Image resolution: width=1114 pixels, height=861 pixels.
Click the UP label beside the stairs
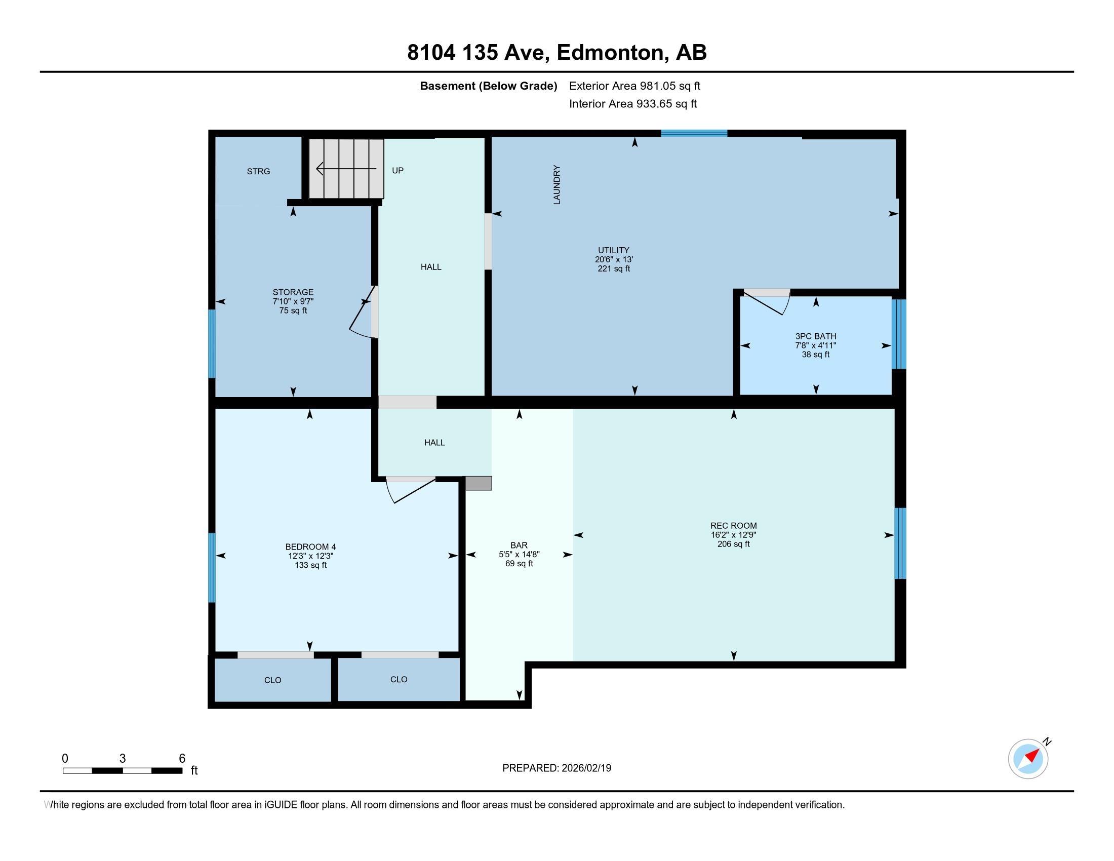pyautogui.click(x=397, y=170)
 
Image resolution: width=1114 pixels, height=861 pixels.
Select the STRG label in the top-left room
pyautogui.click(x=258, y=171)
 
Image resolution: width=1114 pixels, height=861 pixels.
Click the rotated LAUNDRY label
pyautogui.click(x=556, y=185)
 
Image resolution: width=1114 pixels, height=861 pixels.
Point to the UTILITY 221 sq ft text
pyautogui.click(x=614, y=269)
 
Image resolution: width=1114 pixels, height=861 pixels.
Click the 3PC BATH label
pyautogui.click(x=815, y=336)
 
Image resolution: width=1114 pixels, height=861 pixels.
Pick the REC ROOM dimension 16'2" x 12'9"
pyautogui.click(x=733, y=535)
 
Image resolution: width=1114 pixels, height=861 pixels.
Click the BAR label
pyautogui.click(x=519, y=545)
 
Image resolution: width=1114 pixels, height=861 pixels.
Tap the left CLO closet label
pyautogui.click(x=272, y=680)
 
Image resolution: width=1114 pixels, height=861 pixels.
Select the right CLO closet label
pyautogui.click(x=399, y=679)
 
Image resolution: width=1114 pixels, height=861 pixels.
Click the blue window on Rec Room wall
pyautogui.click(x=900, y=543)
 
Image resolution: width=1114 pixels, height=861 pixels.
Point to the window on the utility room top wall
pyautogui.click(x=694, y=134)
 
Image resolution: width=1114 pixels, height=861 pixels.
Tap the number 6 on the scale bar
pyautogui.click(x=182, y=759)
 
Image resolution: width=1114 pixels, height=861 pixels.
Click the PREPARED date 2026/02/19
pyautogui.click(x=585, y=768)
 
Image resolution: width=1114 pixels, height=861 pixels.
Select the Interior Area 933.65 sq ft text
pyautogui.click(x=632, y=104)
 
